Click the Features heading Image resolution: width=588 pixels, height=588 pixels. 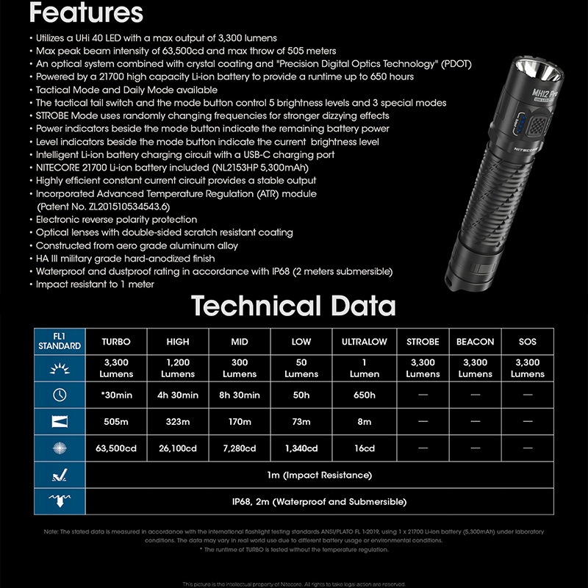(x=91, y=12)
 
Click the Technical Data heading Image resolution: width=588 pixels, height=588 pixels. (x=293, y=306)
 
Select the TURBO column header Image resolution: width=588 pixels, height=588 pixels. (x=116, y=342)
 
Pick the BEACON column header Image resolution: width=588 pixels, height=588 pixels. (x=475, y=342)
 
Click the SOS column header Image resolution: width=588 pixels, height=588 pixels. (x=527, y=342)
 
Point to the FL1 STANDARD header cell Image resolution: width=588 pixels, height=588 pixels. (x=60, y=342)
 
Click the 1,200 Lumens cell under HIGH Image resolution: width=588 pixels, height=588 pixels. (x=178, y=368)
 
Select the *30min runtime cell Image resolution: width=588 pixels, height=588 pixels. (x=116, y=395)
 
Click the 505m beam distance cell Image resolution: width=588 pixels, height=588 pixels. (x=116, y=422)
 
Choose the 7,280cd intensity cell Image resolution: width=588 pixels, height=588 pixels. (x=240, y=448)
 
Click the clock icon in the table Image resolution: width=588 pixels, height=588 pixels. (x=60, y=395)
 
